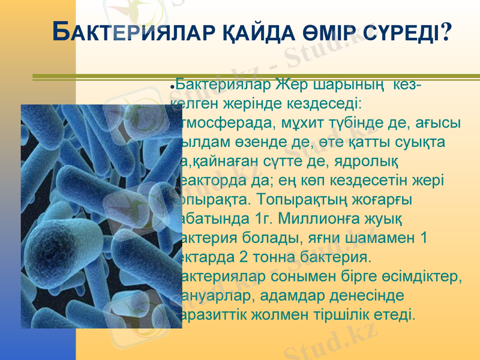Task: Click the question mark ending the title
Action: pyautogui.click(x=447, y=31)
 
